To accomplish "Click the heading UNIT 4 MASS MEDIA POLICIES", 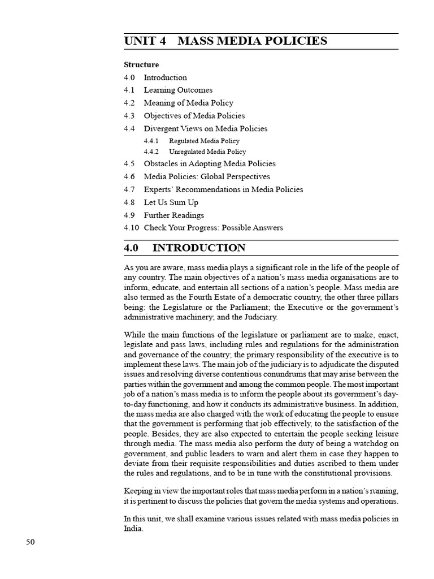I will pyautogui.click(x=225, y=41).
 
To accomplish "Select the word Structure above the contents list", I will pyautogui.click(x=141, y=64).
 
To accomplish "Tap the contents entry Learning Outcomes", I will pyautogui.click(x=178, y=90).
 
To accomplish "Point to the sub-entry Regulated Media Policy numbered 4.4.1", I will pyautogui.click(x=204, y=141).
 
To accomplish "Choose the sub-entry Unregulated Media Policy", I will pyautogui.click(x=207, y=152).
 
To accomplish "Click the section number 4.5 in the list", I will pyautogui.click(x=129, y=163).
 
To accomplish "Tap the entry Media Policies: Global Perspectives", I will pyautogui.click(x=207, y=176).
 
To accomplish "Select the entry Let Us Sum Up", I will pyautogui.click(x=171, y=202).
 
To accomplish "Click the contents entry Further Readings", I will pyautogui.click(x=173, y=215).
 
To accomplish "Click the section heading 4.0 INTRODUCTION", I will pyautogui.click(x=185, y=248).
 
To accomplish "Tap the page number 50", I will pyautogui.click(x=31, y=542).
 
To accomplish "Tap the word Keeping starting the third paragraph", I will pyautogui.click(x=138, y=490).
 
